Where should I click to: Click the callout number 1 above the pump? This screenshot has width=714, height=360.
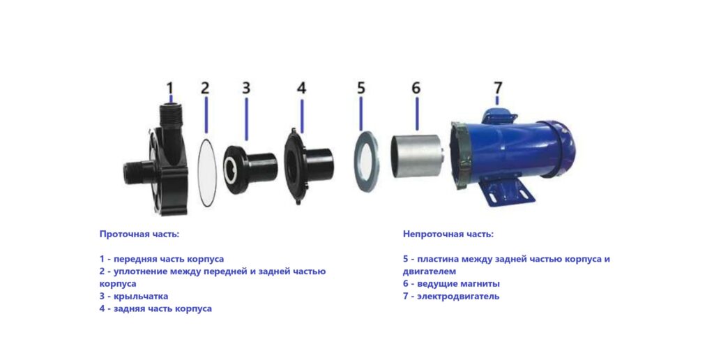tap(170, 87)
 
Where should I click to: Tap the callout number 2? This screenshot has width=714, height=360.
tap(206, 87)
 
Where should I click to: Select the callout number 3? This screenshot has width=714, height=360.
tap(246, 87)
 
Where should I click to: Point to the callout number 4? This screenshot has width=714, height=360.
tap(301, 87)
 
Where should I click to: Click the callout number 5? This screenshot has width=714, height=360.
tap(361, 87)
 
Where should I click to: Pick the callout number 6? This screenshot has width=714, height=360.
tap(416, 87)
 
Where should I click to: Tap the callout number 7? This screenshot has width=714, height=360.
tap(498, 87)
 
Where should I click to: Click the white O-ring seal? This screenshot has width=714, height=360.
tap(200, 172)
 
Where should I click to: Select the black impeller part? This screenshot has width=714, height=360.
tap(250, 168)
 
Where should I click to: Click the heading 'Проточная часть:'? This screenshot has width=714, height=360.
tap(139, 234)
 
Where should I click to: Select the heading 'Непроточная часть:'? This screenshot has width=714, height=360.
tap(448, 234)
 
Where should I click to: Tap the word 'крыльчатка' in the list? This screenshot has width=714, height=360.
tap(141, 297)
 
